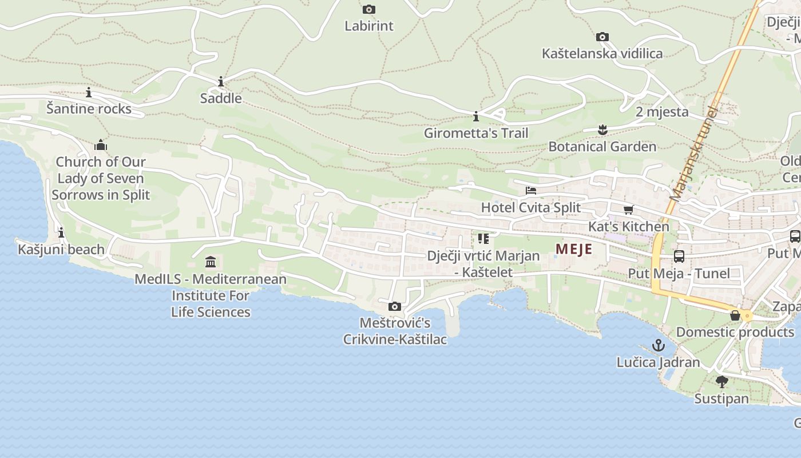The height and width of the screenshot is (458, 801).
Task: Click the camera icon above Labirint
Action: pyautogui.click(x=369, y=9)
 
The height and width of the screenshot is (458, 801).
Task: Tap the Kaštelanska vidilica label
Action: pyautogui.click(x=602, y=53)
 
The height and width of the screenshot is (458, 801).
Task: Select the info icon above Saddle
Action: pyautogui.click(x=221, y=82)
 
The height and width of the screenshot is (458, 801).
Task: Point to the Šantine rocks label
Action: pyautogui.click(x=89, y=108)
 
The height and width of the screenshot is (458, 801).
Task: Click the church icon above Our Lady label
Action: pyautogui.click(x=101, y=144)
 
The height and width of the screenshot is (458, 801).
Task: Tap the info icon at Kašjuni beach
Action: pyautogui.click(x=61, y=233)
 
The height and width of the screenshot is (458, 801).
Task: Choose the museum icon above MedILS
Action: pyautogui.click(x=211, y=262)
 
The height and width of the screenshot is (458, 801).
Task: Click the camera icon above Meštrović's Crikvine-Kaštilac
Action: pyautogui.click(x=394, y=307)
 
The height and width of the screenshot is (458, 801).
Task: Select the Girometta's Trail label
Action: pyautogui.click(x=475, y=133)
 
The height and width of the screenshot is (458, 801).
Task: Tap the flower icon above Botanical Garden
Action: pyautogui.click(x=602, y=130)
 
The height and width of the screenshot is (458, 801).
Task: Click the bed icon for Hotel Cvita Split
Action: pyautogui.click(x=531, y=191)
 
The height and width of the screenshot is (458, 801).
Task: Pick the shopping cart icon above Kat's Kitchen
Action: pyautogui.click(x=629, y=210)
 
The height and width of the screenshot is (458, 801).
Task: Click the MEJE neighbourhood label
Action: pyautogui.click(x=574, y=249)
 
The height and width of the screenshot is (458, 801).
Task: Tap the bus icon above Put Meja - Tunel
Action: pyautogui.click(x=679, y=256)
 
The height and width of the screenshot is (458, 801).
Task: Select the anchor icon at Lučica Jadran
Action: pyautogui.click(x=659, y=345)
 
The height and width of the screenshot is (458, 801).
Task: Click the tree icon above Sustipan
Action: pyautogui.click(x=721, y=381)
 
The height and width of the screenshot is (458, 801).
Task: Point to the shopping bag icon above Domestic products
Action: pyautogui.click(x=735, y=315)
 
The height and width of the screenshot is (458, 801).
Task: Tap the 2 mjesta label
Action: pyautogui.click(x=662, y=112)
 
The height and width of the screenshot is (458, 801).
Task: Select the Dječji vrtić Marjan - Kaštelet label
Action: pyautogui.click(x=483, y=263)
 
